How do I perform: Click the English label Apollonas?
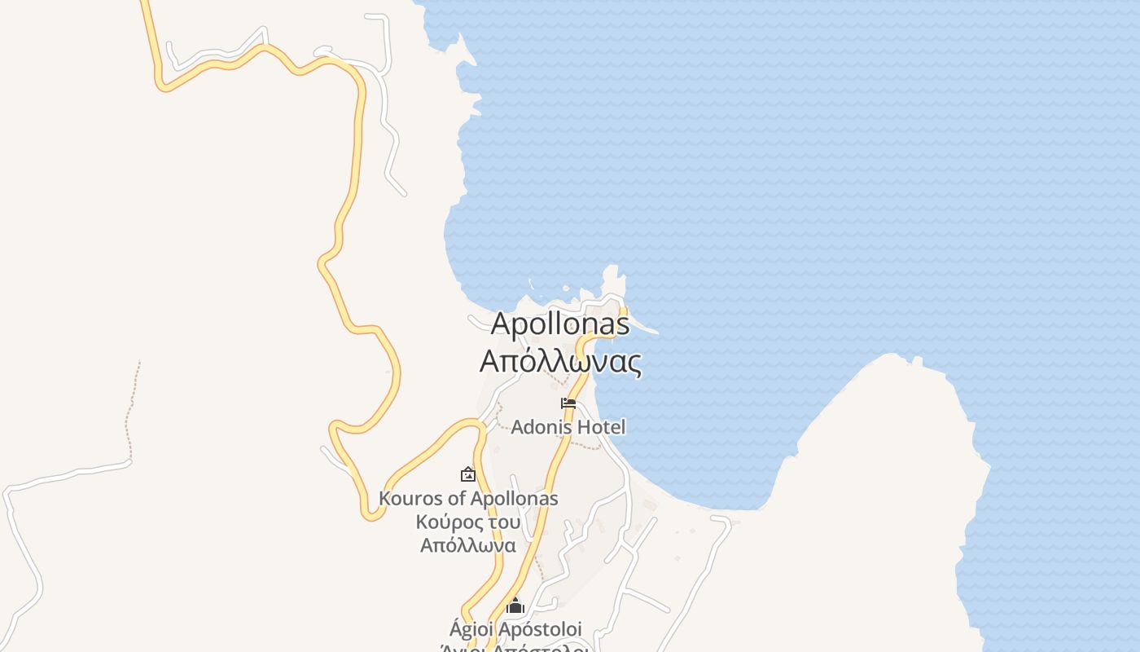[560, 324]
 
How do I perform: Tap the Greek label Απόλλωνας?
[560, 360]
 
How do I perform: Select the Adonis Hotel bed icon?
[568, 403]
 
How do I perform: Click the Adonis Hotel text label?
[568, 427]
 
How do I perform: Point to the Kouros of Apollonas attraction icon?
[468, 474]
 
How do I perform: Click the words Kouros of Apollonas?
[468, 498]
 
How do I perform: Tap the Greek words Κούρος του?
[468, 522]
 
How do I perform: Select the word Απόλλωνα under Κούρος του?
[468, 545]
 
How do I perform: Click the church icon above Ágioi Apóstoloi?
[515, 606]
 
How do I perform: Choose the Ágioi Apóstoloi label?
[515, 629]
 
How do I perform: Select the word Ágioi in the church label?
[471, 629]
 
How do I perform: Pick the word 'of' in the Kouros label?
[457, 498]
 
